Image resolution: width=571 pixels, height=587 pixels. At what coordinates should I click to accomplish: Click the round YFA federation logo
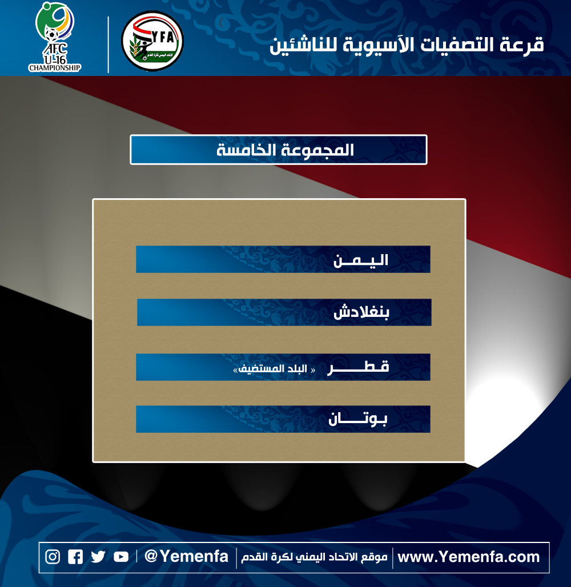pos(152,41)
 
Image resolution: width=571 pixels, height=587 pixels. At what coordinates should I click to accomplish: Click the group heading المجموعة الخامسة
pos(285,150)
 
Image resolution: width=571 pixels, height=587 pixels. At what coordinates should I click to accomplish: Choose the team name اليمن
pos(360,260)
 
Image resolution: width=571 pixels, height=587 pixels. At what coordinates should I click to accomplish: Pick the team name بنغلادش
pos(361,312)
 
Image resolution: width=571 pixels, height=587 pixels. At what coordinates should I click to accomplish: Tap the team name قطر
pos(359,367)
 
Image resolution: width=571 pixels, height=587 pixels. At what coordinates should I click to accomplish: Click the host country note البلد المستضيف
pos(274,369)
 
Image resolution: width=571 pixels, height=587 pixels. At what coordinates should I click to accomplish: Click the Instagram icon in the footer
pos(53,557)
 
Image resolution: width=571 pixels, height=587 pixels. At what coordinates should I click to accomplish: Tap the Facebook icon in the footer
pos(75,557)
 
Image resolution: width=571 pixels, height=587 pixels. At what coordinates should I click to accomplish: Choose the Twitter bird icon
pos(98,557)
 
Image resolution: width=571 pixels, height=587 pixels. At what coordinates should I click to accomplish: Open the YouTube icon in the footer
pos(121,557)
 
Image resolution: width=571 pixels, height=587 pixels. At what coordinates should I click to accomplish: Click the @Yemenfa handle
pos(186,556)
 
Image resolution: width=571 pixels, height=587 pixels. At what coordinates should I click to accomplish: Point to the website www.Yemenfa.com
pos(468,557)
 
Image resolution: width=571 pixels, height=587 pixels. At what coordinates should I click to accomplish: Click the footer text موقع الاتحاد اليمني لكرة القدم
pos(314,557)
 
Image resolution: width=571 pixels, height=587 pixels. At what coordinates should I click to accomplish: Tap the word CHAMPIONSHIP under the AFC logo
pos(55,68)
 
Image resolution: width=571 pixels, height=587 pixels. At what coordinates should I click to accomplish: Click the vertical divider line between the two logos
pos(108,45)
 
